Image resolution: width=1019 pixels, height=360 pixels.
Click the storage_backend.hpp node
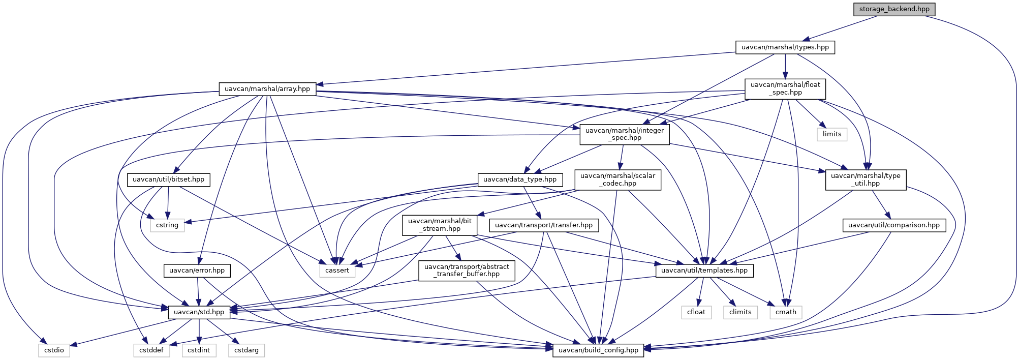pyautogui.click(x=894, y=9)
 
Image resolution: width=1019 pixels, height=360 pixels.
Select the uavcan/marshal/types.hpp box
pyautogui.click(x=785, y=47)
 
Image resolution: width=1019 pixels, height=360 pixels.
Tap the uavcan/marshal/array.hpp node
pyautogui.click(x=267, y=89)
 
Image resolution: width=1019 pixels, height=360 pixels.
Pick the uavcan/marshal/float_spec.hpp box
pyautogui.click(x=785, y=88)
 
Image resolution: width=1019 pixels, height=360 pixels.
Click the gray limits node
pyautogui.click(x=831, y=134)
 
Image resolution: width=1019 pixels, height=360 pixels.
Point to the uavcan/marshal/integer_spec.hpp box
pyautogui.click(x=624, y=134)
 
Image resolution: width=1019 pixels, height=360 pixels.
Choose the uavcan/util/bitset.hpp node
pyautogui.click(x=168, y=179)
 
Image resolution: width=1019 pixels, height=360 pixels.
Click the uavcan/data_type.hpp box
pyautogui.click(x=519, y=179)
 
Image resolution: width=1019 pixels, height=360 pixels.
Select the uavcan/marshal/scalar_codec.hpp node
pyautogui.click(x=617, y=179)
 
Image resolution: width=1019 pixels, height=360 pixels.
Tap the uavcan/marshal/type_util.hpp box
pyautogui.click(x=865, y=179)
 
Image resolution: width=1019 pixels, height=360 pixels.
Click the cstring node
pyautogui.click(x=167, y=225)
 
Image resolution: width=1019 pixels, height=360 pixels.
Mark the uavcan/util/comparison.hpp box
pyautogui.click(x=893, y=225)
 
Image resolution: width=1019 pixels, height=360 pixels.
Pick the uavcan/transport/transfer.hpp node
pyautogui.click(x=543, y=225)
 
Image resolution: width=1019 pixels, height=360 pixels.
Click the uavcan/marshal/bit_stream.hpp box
pyautogui.click(x=440, y=225)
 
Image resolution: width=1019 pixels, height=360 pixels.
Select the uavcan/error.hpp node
pyautogui.click(x=197, y=271)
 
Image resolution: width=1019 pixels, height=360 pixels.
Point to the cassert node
pyautogui.click(x=337, y=271)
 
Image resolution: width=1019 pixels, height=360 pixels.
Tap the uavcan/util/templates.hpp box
pyautogui.click(x=704, y=271)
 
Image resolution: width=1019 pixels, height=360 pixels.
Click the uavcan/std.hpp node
pyautogui.click(x=199, y=312)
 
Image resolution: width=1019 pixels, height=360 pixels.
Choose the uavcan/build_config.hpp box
pyautogui.click(x=598, y=350)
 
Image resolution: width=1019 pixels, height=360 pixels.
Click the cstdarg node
pyautogui.click(x=246, y=350)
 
